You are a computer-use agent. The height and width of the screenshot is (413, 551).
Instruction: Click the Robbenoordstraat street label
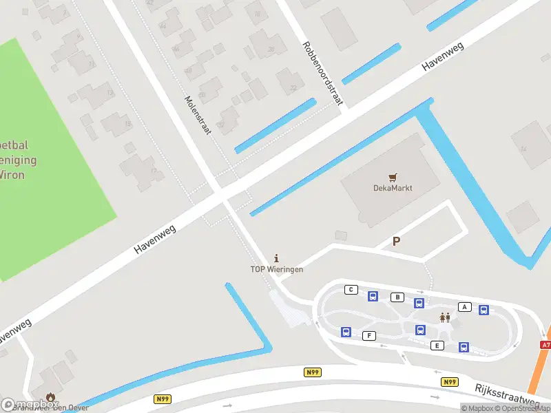(x=322, y=74)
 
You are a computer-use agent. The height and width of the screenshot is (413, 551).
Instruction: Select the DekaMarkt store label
(x=393, y=188)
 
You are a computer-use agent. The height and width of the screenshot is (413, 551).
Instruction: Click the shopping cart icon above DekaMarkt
(x=393, y=177)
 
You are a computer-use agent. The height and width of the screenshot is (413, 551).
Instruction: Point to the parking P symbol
(x=396, y=241)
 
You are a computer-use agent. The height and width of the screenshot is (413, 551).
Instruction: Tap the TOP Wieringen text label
(x=276, y=269)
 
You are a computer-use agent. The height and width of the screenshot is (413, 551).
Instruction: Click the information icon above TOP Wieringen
(x=277, y=257)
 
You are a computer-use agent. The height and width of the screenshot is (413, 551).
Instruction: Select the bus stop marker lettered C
(x=351, y=289)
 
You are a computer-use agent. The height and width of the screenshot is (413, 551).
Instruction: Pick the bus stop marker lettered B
(x=397, y=297)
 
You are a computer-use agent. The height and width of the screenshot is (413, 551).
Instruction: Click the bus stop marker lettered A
(x=464, y=307)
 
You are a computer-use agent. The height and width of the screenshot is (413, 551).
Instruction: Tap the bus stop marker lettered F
(x=369, y=335)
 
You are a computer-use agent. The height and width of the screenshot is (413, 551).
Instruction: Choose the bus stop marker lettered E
(x=437, y=345)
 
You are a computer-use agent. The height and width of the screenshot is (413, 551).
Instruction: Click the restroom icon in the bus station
(x=445, y=317)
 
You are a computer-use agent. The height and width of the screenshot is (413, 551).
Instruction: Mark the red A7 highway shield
(x=545, y=345)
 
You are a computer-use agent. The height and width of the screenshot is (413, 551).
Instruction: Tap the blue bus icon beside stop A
(x=484, y=310)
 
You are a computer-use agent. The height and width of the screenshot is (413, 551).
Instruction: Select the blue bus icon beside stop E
(x=464, y=348)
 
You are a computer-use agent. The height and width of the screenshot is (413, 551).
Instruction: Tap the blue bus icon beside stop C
(x=373, y=297)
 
